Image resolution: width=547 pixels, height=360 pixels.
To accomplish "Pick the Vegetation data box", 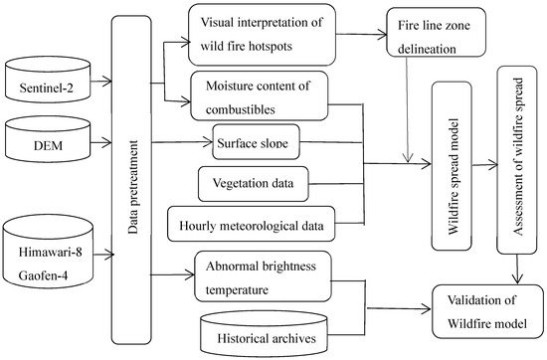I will click(253, 183).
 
